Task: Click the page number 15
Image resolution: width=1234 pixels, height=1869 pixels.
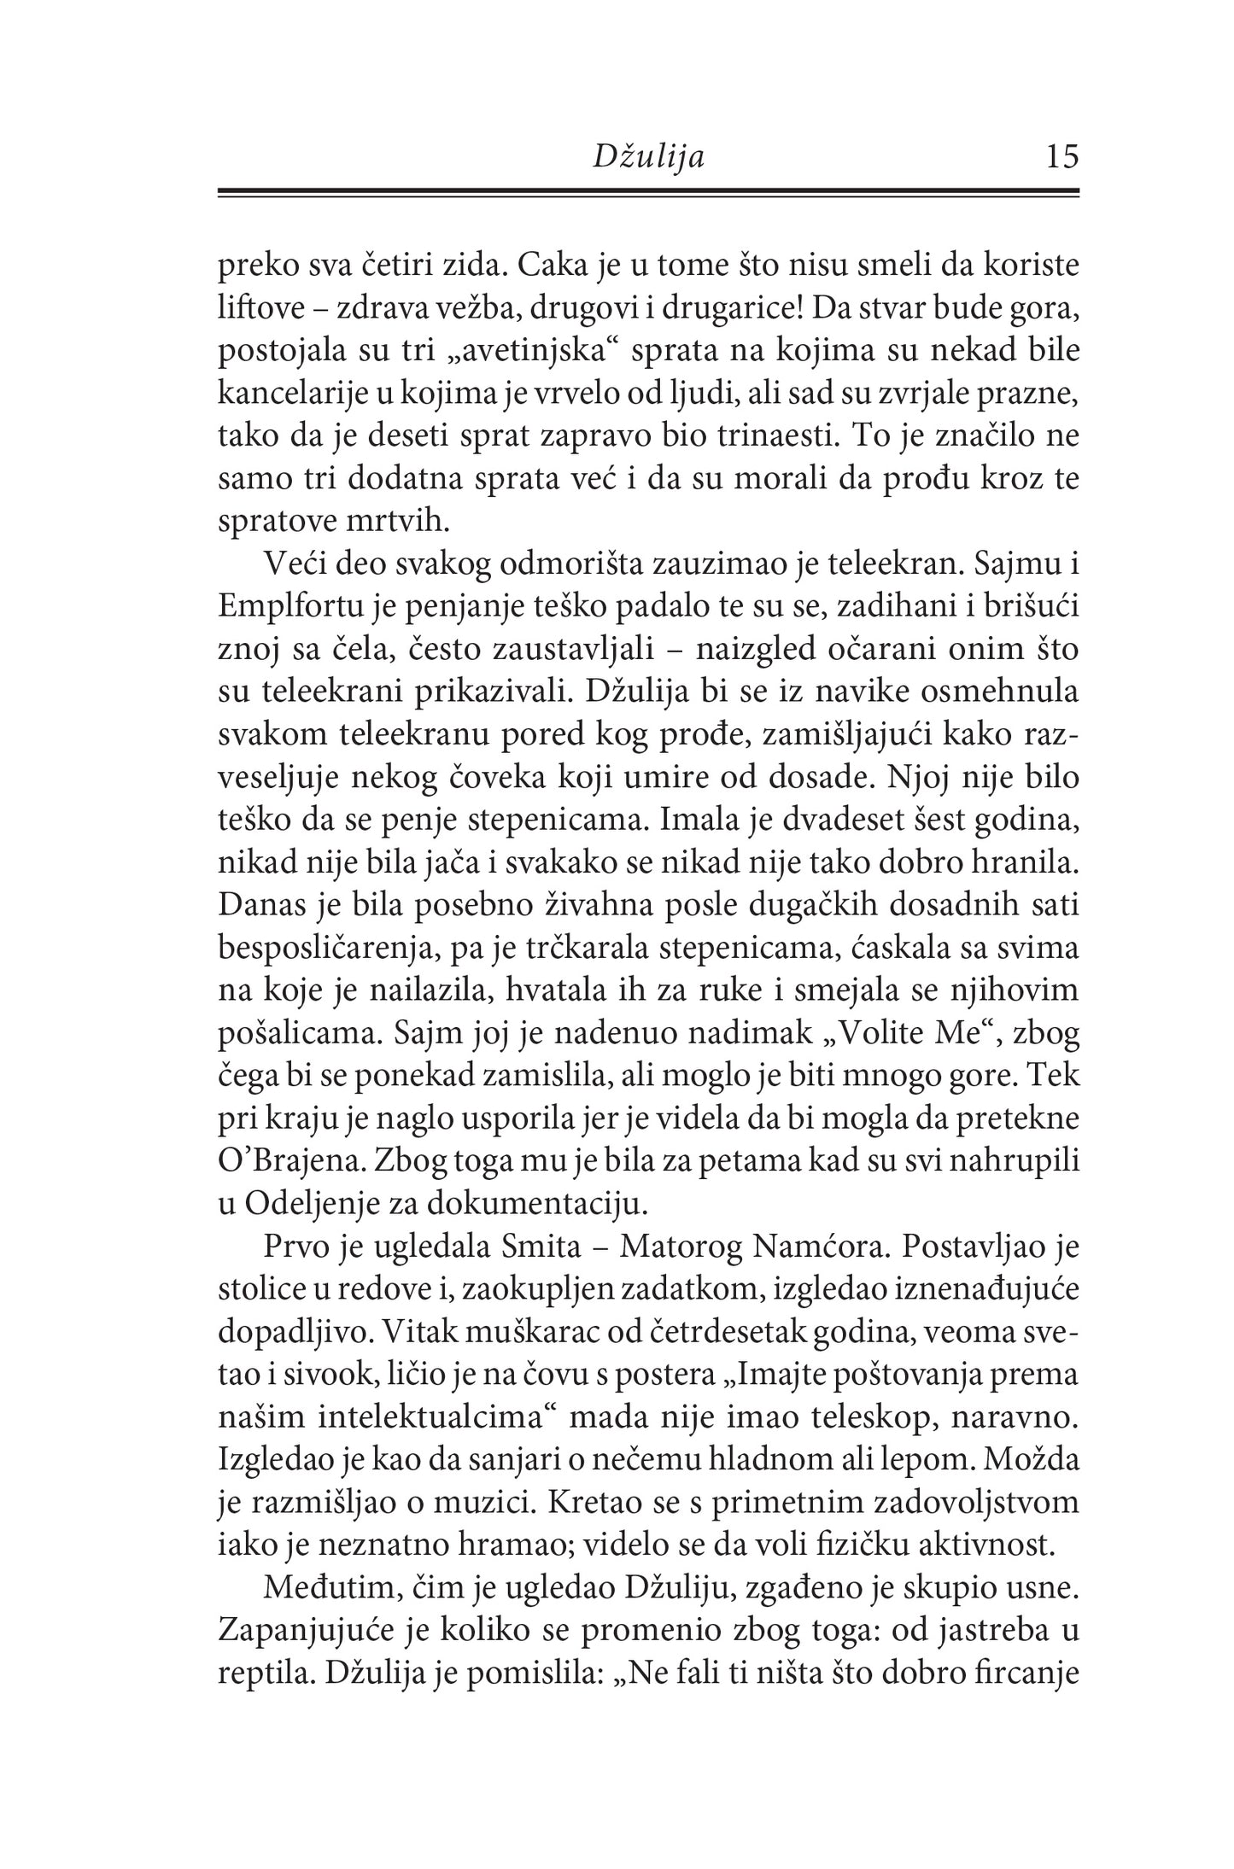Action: pyautogui.click(x=1061, y=157)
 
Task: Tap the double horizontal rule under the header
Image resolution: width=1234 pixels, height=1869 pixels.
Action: pyautogui.click(x=649, y=194)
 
